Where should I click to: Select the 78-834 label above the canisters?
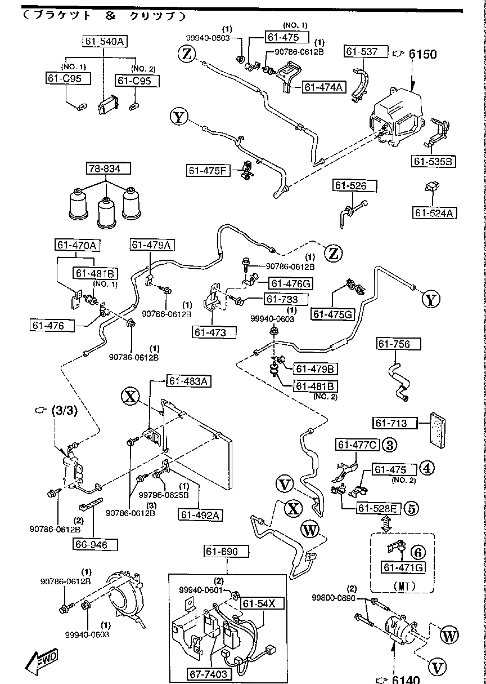(x=107, y=168)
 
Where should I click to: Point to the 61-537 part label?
(x=366, y=52)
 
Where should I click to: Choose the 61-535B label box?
(x=434, y=162)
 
